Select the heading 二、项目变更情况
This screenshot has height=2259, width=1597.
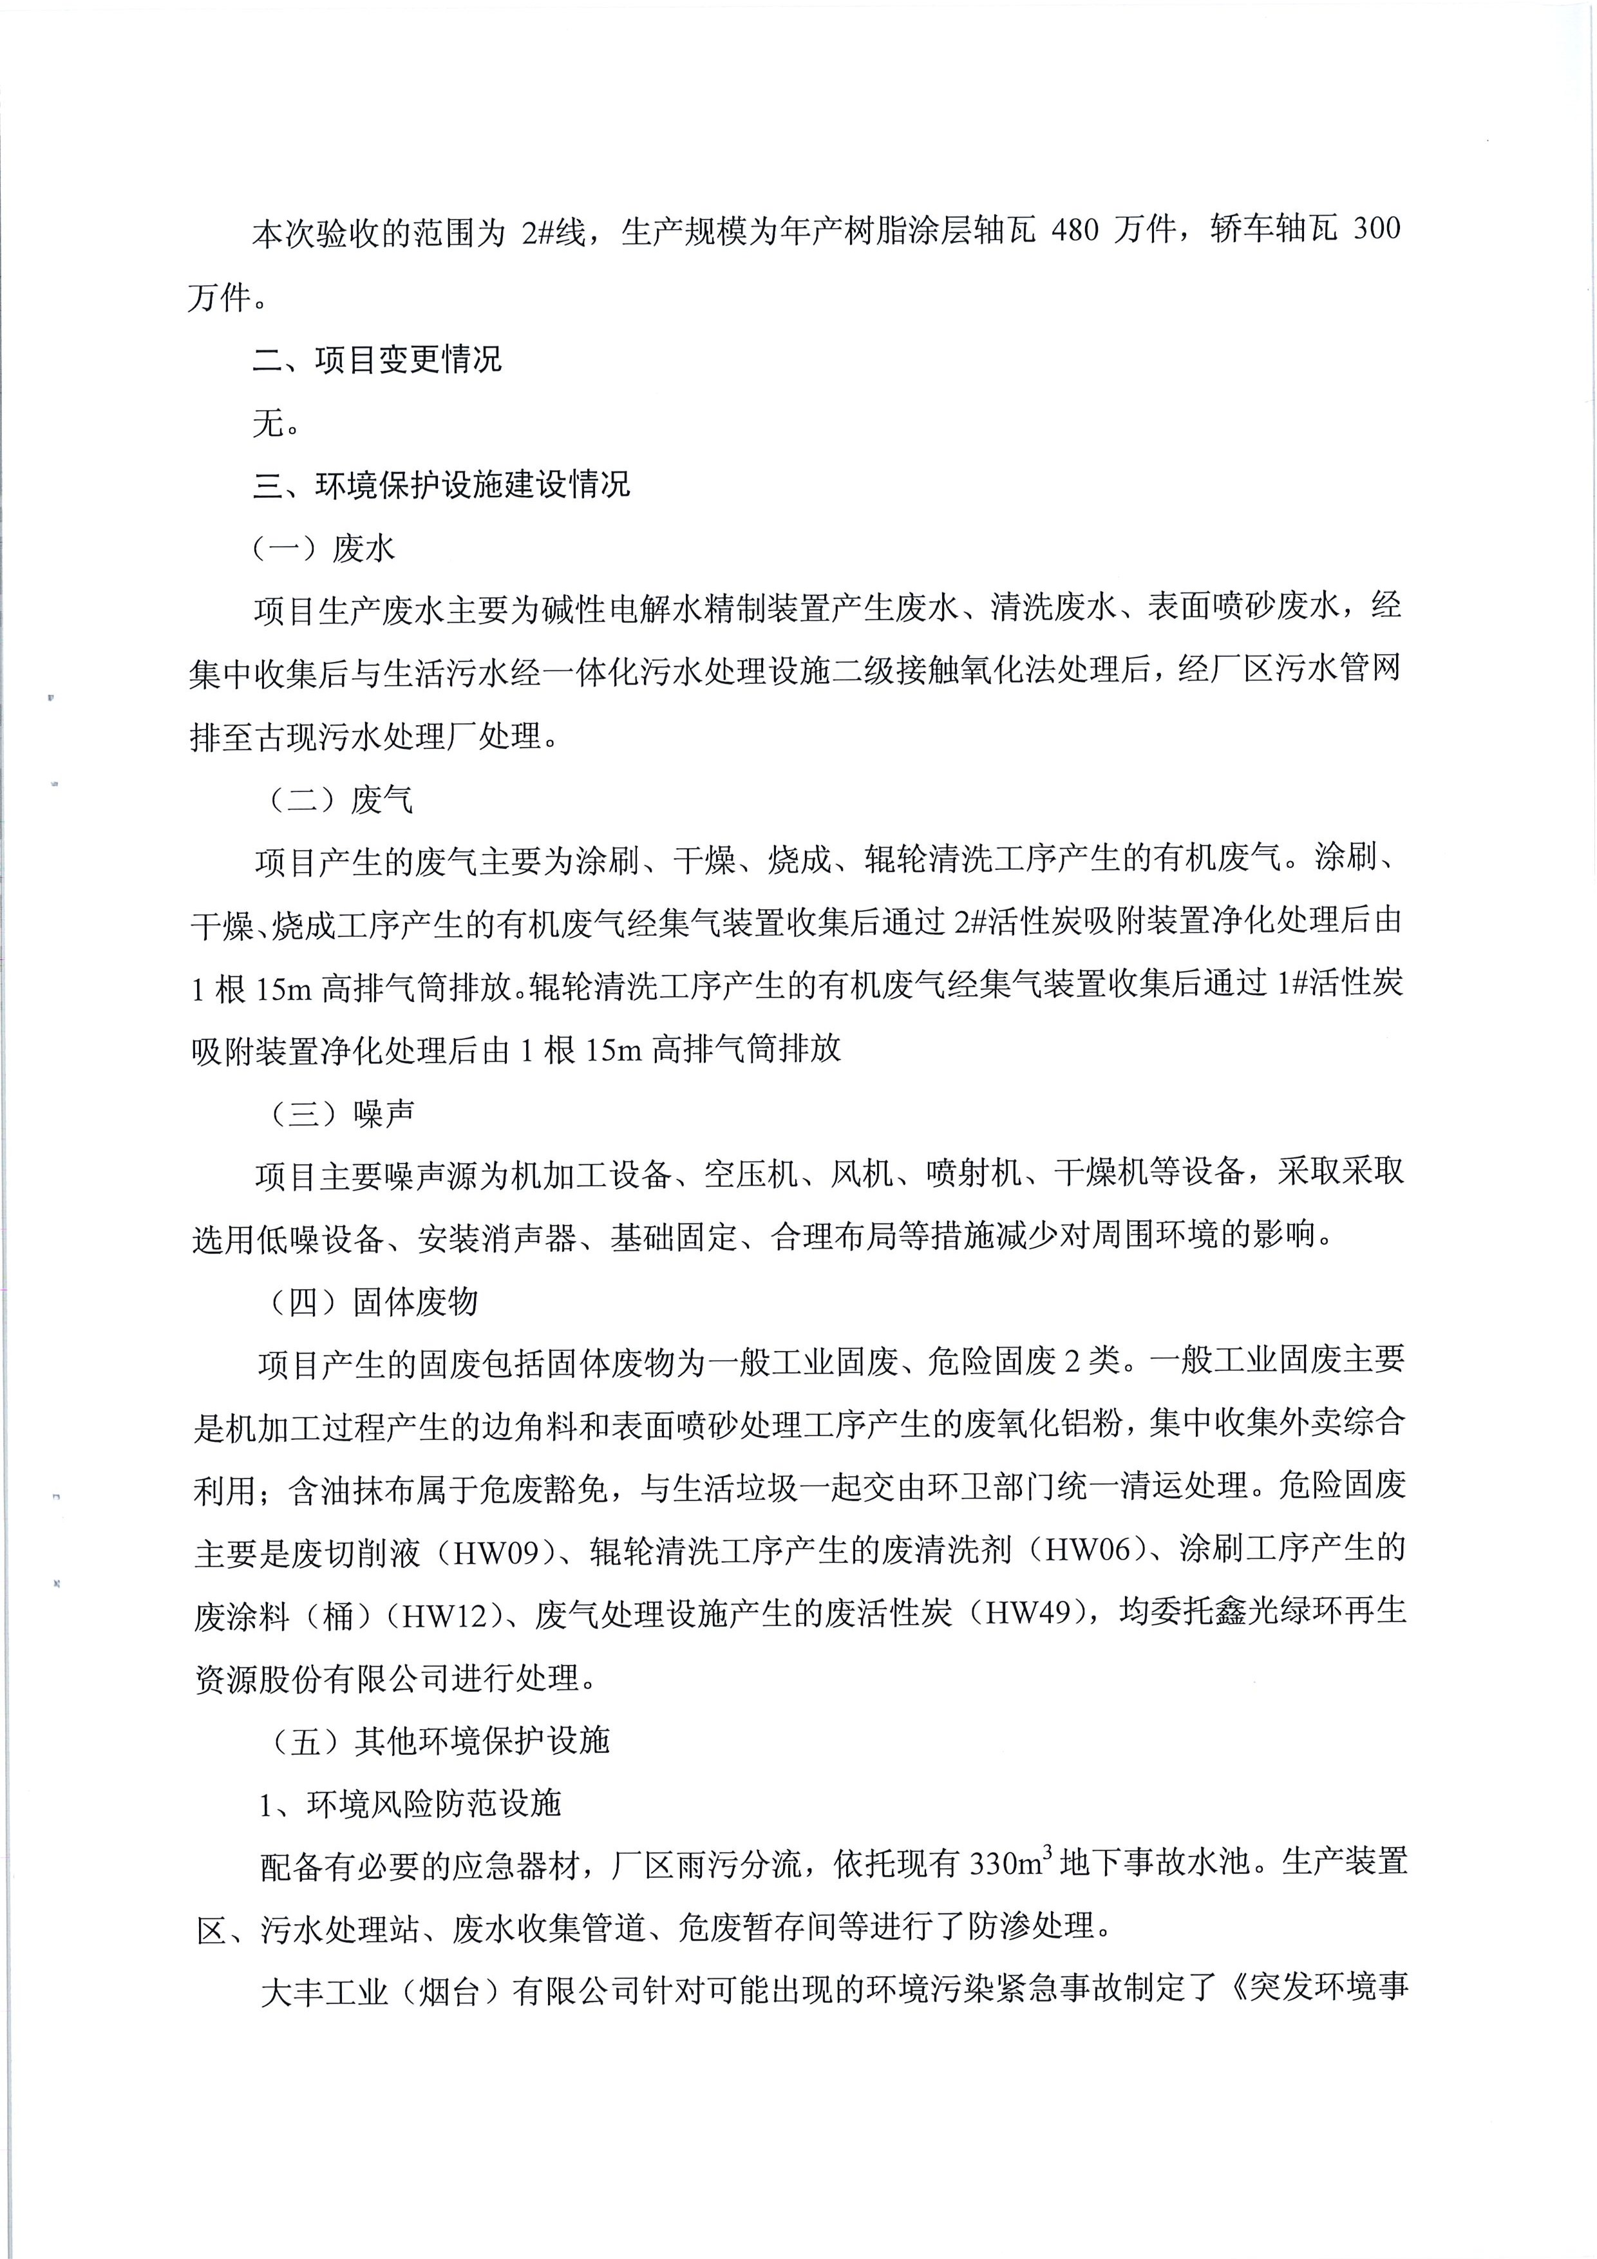point(378,359)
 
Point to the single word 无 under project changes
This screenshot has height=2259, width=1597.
point(269,423)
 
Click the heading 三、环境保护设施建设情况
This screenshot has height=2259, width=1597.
point(442,485)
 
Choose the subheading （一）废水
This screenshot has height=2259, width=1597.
point(325,548)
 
